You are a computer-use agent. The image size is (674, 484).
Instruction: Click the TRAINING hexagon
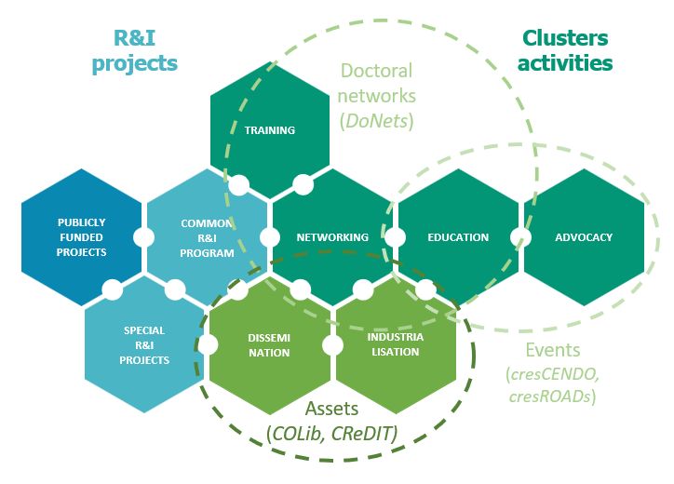click(270, 130)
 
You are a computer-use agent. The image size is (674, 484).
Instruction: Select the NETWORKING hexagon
click(332, 237)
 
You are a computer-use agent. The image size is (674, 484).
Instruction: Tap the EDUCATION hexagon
click(458, 237)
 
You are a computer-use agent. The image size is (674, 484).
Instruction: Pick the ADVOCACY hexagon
click(584, 237)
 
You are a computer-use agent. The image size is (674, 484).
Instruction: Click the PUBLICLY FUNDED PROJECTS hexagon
click(82, 237)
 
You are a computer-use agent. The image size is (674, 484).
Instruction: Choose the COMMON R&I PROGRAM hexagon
click(207, 237)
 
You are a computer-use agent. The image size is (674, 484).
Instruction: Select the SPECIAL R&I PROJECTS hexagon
click(144, 344)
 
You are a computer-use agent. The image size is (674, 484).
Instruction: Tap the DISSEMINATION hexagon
click(270, 344)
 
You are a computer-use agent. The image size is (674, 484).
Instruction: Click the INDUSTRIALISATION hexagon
click(395, 344)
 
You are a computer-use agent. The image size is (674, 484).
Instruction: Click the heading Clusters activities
click(565, 50)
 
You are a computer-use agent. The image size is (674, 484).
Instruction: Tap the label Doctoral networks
click(376, 83)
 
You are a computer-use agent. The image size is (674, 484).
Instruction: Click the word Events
click(553, 351)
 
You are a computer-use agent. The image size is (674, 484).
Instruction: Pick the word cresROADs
click(553, 396)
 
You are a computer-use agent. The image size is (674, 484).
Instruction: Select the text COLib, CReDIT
click(333, 434)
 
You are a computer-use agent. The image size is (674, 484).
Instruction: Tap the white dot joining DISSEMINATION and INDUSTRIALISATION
click(332, 344)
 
